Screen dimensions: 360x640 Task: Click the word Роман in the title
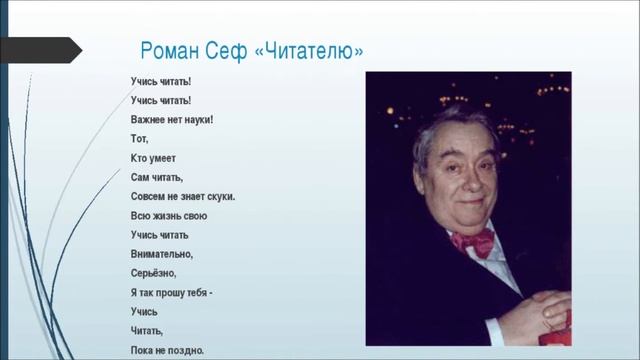tap(172, 51)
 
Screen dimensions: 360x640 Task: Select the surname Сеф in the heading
tap(231, 51)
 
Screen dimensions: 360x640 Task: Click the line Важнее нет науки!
tap(172, 118)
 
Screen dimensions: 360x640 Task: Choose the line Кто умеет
tap(154, 157)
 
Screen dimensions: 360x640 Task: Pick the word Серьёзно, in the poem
tap(153, 273)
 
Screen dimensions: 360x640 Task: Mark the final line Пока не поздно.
tap(167, 350)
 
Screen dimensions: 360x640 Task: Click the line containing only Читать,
tap(147, 331)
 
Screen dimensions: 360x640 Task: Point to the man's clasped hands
tap(540, 310)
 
